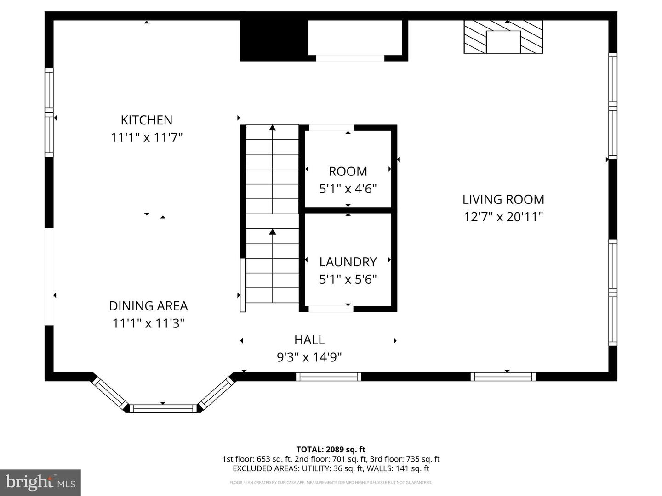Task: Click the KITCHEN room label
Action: (146, 120)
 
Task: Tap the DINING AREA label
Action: (148, 306)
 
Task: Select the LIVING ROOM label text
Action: (503, 199)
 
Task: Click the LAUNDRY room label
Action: (348, 262)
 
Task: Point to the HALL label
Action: (309, 340)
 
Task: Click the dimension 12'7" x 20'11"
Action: (503, 217)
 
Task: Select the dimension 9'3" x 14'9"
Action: (309, 357)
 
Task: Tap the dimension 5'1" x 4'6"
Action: (348, 189)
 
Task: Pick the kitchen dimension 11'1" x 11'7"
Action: (146, 137)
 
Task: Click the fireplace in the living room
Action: (503, 37)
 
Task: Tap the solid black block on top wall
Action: (274, 40)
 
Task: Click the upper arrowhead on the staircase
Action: (273, 128)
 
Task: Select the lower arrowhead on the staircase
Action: (273, 232)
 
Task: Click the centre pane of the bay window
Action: (163, 408)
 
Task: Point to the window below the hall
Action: (328, 377)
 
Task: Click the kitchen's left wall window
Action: (49, 112)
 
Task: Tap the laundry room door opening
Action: (331, 309)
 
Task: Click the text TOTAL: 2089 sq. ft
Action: (331, 450)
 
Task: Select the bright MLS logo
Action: (40, 482)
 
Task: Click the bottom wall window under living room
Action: (503, 377)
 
